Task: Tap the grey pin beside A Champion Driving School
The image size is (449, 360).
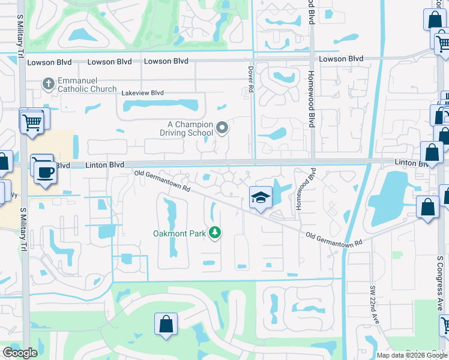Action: [223, 127]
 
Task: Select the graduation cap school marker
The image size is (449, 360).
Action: [261, 198]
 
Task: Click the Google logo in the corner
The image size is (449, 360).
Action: [20, 353]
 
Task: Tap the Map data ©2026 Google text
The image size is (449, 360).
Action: [412, 355]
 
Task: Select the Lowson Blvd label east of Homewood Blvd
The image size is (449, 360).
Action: [341, 59]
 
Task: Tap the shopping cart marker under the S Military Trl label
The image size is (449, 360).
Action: [31, 122]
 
